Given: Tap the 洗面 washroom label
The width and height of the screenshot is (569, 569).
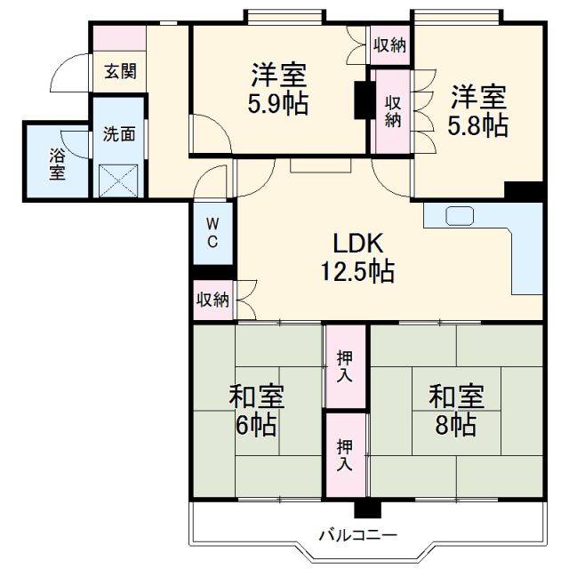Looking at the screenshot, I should tap(119, 134).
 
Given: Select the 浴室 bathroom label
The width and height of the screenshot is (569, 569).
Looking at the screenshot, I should tap(56, 162).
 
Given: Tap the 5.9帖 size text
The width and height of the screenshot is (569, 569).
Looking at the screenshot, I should tap(278, 104).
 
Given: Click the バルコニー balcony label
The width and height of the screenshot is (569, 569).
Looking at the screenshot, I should tap(358, 535).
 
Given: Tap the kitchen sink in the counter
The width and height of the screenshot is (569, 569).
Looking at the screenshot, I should tap(460, 216).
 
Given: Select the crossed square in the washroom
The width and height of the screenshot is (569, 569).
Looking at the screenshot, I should tap(118, 180).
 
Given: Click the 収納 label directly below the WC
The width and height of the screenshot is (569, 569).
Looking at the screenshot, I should tap(213, 300).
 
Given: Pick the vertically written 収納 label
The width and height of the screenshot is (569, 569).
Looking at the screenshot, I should tap(391, 109).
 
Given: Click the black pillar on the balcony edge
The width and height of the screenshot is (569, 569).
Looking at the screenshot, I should tap(365, 509).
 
